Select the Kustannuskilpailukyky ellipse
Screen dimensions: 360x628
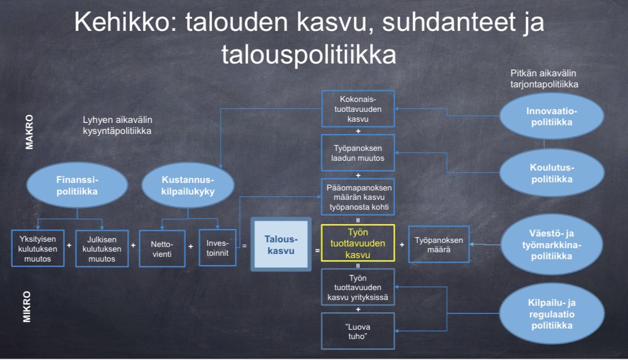point(188,185)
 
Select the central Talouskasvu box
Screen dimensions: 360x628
point(280,245)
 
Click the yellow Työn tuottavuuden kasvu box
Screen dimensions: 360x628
point(358,244)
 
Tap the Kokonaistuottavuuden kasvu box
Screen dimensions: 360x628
point(358,108)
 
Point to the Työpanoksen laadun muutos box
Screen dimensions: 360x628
point(358,152)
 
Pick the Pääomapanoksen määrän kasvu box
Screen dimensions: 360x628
point(358,196)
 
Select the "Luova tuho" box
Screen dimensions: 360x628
point(358,331)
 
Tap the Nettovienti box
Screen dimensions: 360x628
point(162,249)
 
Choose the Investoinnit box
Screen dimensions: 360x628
point(217,249)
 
